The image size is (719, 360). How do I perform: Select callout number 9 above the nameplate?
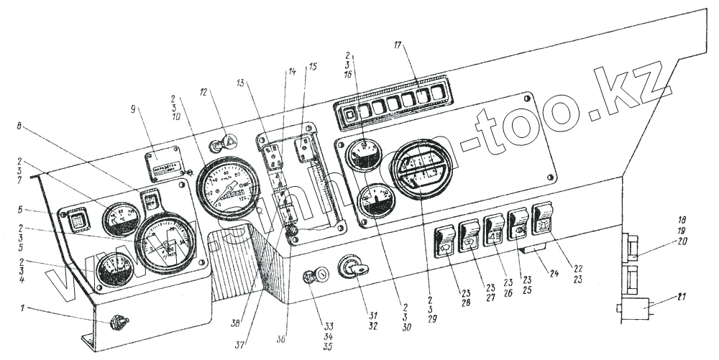(x=134, y=110)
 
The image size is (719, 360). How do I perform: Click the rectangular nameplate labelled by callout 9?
(x=165, y=160)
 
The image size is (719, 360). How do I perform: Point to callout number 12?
(x=204, y=92)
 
